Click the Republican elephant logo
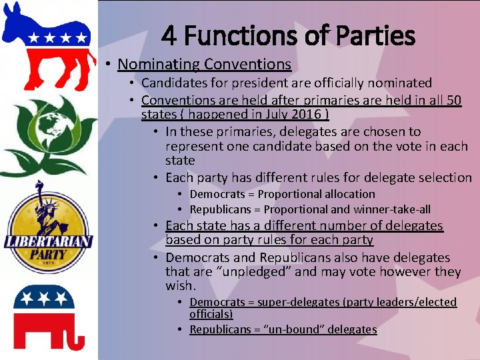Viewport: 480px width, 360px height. (48, 317)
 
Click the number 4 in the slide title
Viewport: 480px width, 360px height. (169, 35)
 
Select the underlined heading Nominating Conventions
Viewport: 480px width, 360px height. (204, 65)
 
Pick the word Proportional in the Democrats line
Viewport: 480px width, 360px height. (287, 194)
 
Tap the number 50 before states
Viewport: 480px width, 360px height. (453, 101)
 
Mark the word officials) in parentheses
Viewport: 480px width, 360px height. (211, 313)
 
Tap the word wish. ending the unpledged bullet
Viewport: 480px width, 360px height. (181, 286)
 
